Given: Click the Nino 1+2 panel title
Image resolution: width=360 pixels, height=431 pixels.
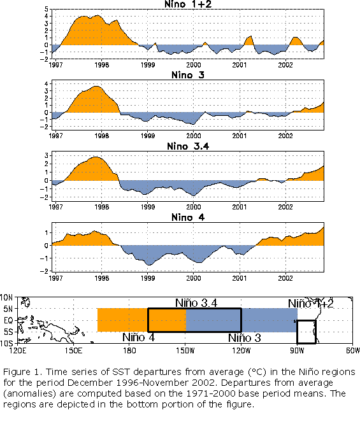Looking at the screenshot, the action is (x=188, y=4).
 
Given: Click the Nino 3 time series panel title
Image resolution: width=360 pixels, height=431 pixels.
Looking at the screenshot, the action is (x=188, y=74).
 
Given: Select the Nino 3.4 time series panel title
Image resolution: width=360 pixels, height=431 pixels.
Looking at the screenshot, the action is (x=188, y=146).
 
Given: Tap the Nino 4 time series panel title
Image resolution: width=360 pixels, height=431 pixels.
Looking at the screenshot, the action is (x=188, y=218).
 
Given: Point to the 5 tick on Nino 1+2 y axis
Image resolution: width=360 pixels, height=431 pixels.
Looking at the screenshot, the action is (x=47, y=10).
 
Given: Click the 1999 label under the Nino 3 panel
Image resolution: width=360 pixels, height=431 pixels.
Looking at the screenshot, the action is (x=148, y=136).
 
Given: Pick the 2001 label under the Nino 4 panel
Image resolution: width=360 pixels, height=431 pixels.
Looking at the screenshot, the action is (x=240, y=278).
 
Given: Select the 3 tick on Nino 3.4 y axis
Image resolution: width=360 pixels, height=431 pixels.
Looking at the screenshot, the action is (x=47, y=155).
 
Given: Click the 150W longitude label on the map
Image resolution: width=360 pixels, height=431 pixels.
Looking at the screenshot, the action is (x=185, y=351).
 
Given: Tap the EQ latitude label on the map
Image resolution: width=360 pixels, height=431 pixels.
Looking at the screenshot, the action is (x=8, y=320).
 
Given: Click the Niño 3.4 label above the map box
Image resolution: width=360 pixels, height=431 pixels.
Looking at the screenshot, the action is (x=196, y=303).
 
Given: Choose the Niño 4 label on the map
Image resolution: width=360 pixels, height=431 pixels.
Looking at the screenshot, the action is (x=139, y=337).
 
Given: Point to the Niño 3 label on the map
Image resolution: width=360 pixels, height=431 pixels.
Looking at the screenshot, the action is (x=245, y=338).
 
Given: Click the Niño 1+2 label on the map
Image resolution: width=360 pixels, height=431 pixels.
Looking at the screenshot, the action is (x=311, y=304).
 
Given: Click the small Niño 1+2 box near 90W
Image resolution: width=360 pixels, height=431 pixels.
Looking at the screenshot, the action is (x=298, y=332).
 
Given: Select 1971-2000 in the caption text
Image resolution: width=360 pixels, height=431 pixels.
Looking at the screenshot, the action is (x=208, y=393).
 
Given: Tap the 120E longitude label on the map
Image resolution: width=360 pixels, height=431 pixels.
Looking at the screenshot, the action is (x=18, y=351).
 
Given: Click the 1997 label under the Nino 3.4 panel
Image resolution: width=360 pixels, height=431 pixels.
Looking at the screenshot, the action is (x=56, y=207).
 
